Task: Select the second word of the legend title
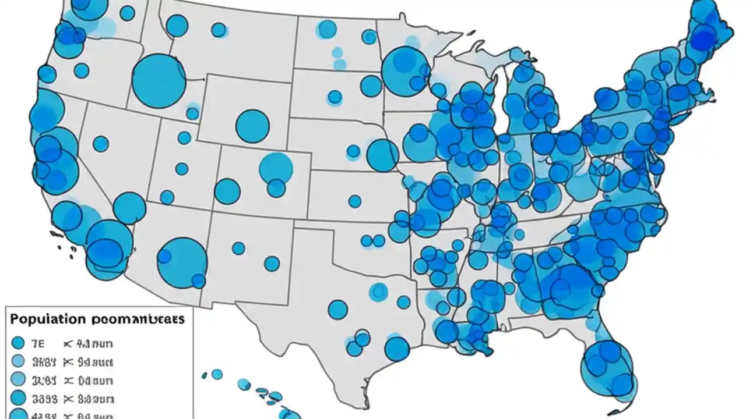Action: pyautogui.click(x=139, y=319)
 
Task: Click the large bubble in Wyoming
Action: pyautogui.click(x=252, y=126)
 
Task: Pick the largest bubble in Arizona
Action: pyautogui.click(x=182, y=262)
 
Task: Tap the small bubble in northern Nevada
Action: pyautogui.click(x=100, y=144)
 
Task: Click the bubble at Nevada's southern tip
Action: pyautogui.click(x=129, y=208)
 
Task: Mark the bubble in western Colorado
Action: pyautogui.click(x=227, y=191)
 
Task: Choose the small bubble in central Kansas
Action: pyautogui.click(x=354, y=201)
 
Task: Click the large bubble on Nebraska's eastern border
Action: pyautogui.click(x=382, y=155)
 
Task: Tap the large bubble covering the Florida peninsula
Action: pyautogui.click(x=607, y=365)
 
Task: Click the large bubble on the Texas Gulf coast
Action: pyautogui.click(x=397, y=349)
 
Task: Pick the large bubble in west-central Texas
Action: pyautogui.click(x=337, y=309)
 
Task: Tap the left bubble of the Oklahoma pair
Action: pyautogui.click(x=366, y=240)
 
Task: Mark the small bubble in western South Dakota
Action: pyautogui.click(x=335, y=97)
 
